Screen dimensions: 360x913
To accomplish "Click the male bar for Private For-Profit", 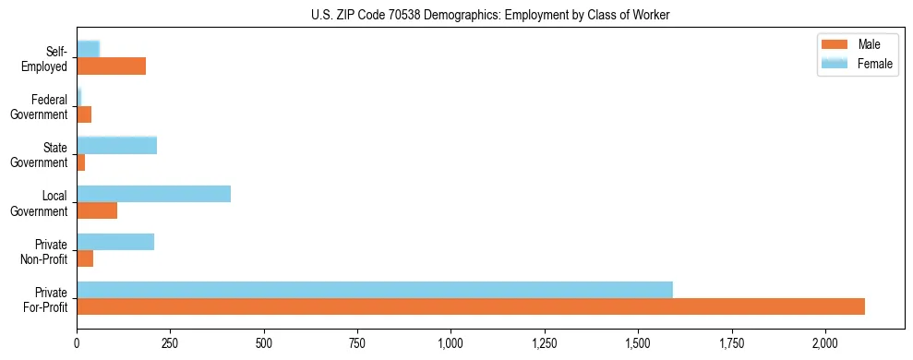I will (471, 306).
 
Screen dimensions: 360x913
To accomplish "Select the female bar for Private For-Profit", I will (375, 290).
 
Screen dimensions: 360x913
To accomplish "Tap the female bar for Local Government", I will (153, 194).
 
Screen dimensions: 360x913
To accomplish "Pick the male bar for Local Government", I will (97, 210).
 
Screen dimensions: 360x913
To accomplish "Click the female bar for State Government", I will (116, 145).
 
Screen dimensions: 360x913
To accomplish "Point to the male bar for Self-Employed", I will (111, 66).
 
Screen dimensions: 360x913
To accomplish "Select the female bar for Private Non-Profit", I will (115, 242).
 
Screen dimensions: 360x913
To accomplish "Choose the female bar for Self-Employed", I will (88, 49).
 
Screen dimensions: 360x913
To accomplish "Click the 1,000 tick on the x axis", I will (450, 343).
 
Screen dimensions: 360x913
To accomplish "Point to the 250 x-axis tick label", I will (170, 343).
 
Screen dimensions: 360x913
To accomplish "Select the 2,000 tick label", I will (824, 343).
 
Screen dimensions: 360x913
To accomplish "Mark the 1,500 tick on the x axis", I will (638, 343).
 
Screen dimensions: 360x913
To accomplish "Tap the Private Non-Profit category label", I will (45, 251).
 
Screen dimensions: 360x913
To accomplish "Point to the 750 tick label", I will (356, 343).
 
